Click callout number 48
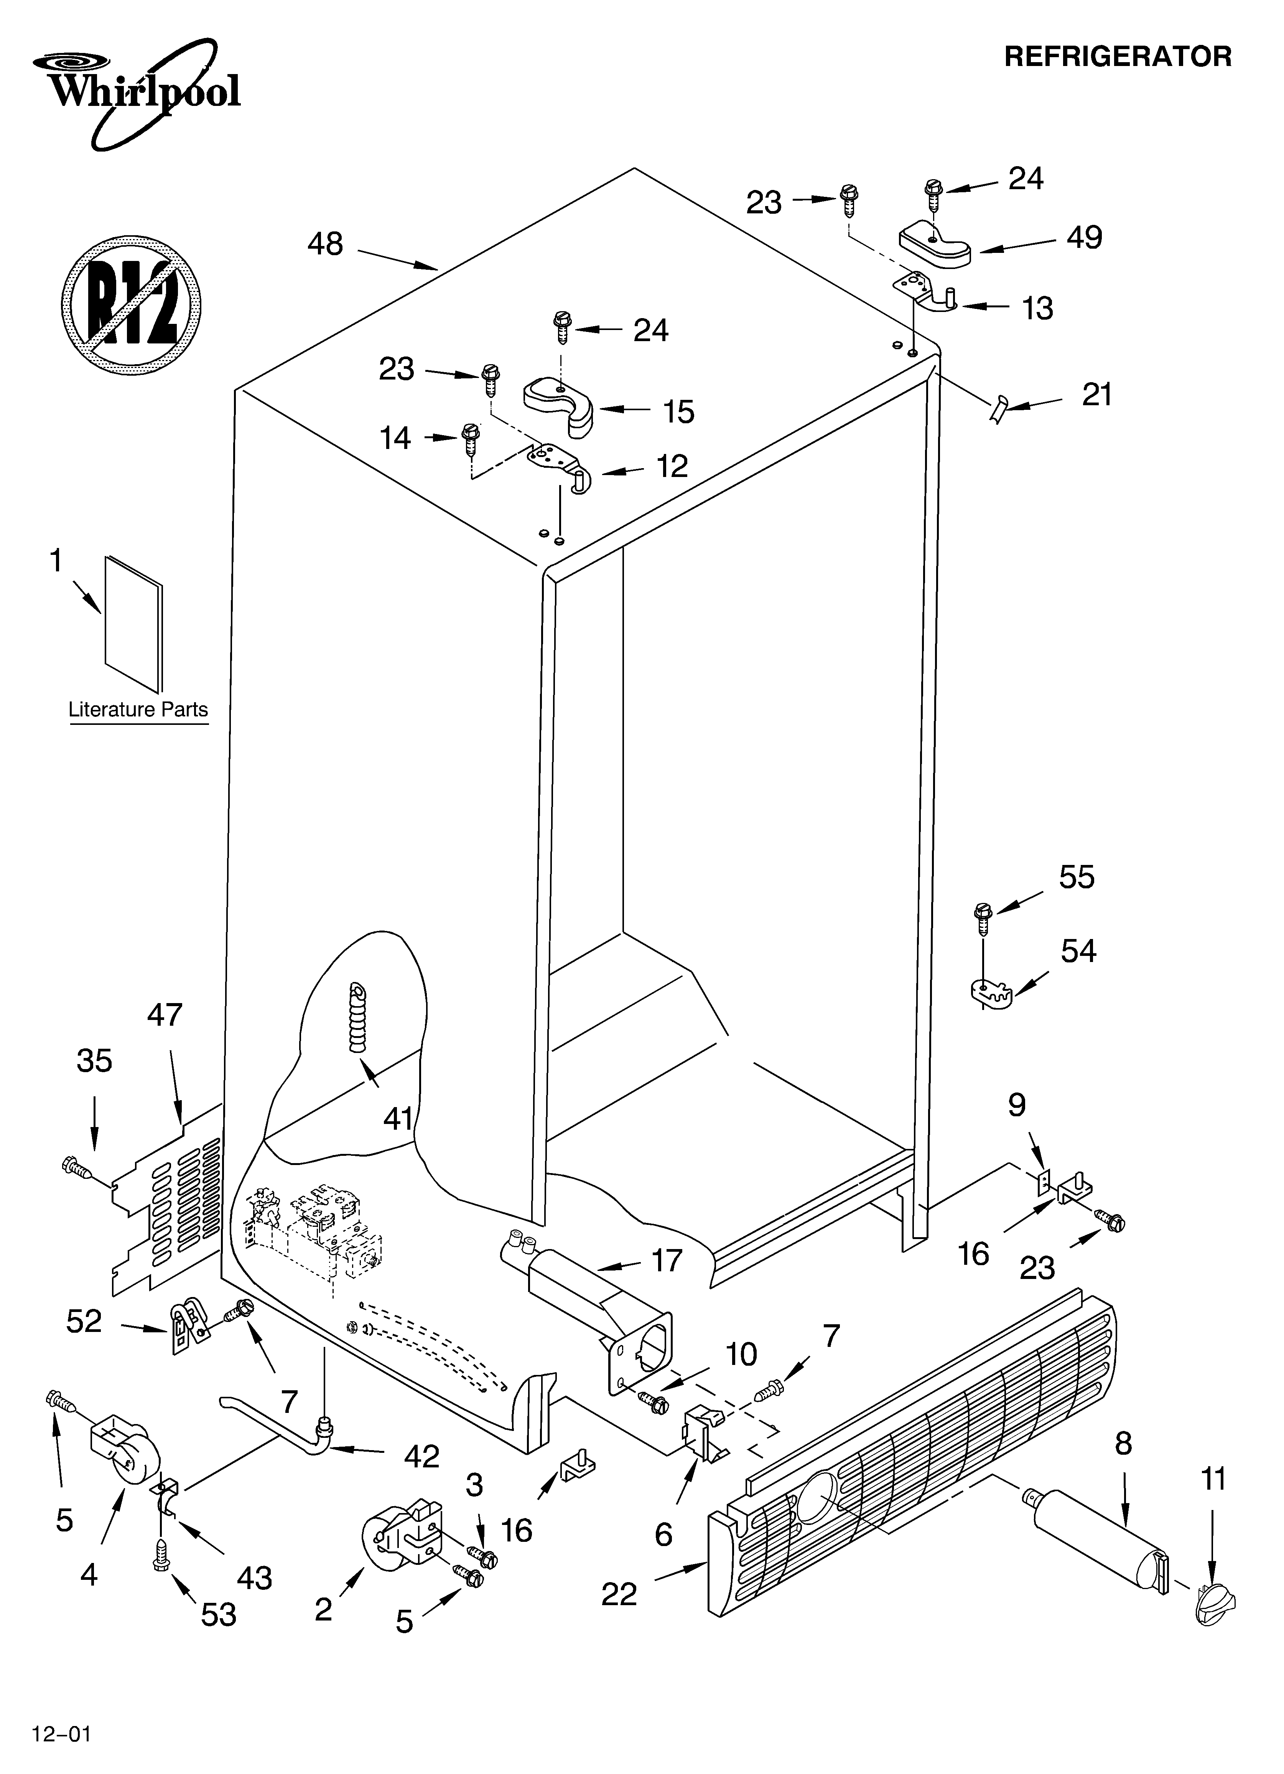tap(324, 244)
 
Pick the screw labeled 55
tap(982, 917)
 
